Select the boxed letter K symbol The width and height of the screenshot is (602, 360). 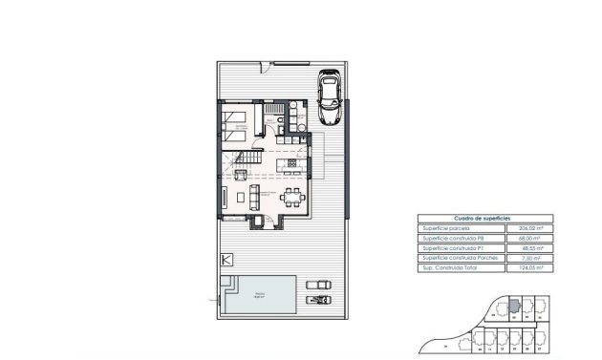226,259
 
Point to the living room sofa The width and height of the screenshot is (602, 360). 253,198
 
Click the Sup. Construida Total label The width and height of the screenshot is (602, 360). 451,268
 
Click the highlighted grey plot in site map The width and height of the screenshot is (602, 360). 512,307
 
